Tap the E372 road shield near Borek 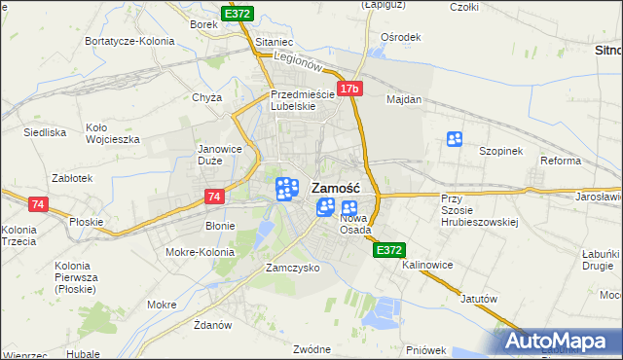pyautogui.click(x=238, y=15)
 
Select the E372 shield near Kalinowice pyautogui.click(x=388, y=250)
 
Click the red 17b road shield pyautogui.click(x=350, y=89)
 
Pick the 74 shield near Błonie pyautogui.click(x=216, y=197)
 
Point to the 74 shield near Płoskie pyautogui.click(x=38, y=204)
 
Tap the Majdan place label pyautogui.click(x=404, y=99)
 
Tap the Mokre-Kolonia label pyautogui.click(x=201, y=251)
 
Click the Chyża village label pyautogui.click(x=207, y=97)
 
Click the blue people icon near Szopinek pyautogui.click(x=454, y=139)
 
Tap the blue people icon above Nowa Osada pyautogui.click(x=348, y=206)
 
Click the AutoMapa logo pyautogui.click(x=561, y=341)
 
